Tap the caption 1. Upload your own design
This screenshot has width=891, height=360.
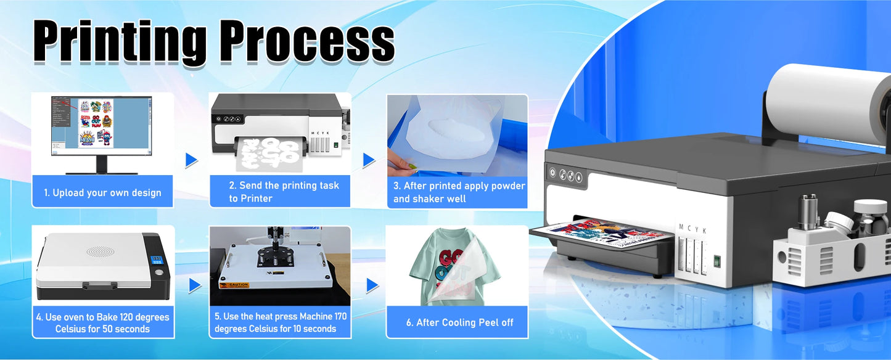(102, 193)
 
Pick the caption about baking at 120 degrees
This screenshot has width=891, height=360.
(103, 323)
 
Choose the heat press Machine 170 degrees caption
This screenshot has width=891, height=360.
(280, 322)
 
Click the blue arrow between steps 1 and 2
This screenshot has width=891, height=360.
(192, 160)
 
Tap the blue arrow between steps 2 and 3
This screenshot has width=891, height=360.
(369, 160)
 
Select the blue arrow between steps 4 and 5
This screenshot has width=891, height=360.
(195, 285)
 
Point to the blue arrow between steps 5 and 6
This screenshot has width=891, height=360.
(372, 285)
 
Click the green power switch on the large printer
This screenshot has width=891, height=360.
(716, 261)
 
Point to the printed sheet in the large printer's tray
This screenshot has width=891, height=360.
(607, 233)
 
